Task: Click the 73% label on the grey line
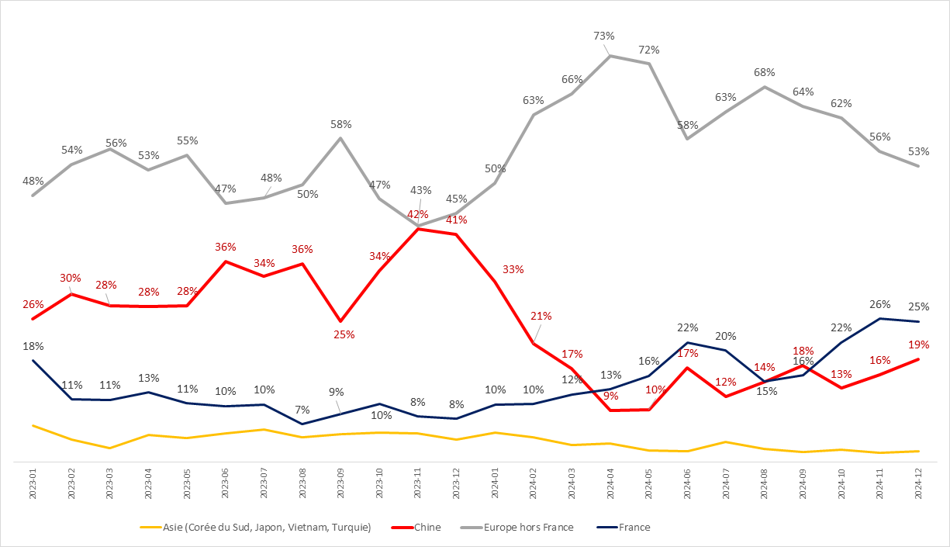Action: pyautogui.click(x=604, y=36)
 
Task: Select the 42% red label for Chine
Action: pyautogui.click(x=418, y=214)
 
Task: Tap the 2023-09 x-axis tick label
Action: pyautogui.click(x=341, y=485)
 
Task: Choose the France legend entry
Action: pyautogui.click(x=634, y=528)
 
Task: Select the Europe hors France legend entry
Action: pyautogui.click(x=528, y=528)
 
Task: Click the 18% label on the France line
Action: pyautogui.click(x=33, y=346)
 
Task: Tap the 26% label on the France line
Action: pyautogui.click(x=880, y=304)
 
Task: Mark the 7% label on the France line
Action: pyautogui.click(x=302, y=410)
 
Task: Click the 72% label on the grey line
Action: pyautogui.click(x=649, y=50)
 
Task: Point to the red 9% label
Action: pyautogui.click(x=611, y=396)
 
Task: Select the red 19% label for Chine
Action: pyautogui.click(x=919, y=344)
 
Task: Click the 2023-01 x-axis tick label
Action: pyautogui.click(x=33, y=485)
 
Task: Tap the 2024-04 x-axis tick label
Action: pyautogui.click(x=611, y=485)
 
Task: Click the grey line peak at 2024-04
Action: pyautogui.click(x=611, y=56)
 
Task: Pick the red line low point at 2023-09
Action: pyautogui.click(x=341, y=320)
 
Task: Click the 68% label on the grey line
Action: pyautogui.click(x=765, y=72)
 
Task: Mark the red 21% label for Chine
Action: pyautogui.click(x=541, y=316)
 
